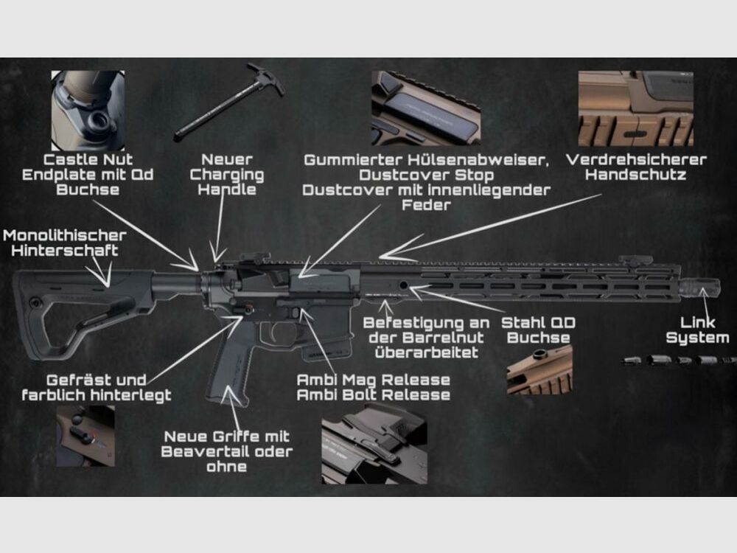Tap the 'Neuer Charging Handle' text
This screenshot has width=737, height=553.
(x=227, y=175)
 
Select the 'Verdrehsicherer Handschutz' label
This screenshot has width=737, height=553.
(x=636, y=167)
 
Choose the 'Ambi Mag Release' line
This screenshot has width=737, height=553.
(x=373, y=380)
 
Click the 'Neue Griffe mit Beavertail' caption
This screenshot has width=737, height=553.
(x=226, y=444)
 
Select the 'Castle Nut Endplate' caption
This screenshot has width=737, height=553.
(x=88, y=175)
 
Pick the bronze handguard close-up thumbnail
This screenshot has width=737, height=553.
(x=635, y=108)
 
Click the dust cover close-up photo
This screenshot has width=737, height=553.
(x=425, y=108)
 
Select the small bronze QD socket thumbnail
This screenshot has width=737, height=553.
(x=539, y=369)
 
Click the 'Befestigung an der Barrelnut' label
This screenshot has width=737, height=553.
(x=426, y=338)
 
